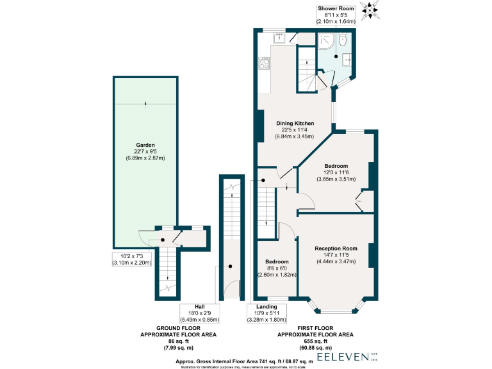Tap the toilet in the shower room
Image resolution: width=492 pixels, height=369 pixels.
pyautogui.click(x=343, y=41)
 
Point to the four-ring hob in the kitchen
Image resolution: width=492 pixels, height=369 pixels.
pyautogui.click(x=263, y=63)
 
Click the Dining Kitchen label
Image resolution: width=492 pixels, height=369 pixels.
pyautogui.click(x=295, y=122)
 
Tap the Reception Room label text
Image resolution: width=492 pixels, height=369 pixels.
pyautogui.click(x=336, y=248)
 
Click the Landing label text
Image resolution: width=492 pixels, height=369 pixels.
pyautogui.click(x=266, y=307)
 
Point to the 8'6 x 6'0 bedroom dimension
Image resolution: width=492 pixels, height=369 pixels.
pyautogui.click(x=277, y=268)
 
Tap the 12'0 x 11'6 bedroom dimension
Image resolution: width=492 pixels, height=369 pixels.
pyautogui.click(x=336, y=172)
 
